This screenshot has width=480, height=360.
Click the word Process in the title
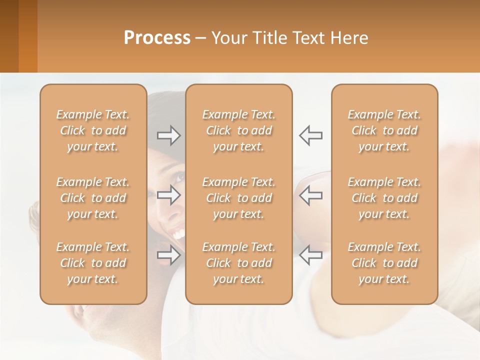pyautogui.click(x=157, y=38)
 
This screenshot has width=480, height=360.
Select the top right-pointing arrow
pyautogui.click(x=168, y=135)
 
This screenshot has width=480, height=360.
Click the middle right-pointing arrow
pyautogui.click(x=168, y=195)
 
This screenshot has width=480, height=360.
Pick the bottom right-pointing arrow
pyautogui.click(x=168, y=255)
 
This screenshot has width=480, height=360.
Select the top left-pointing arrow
pyautogui.click(x=310, y=135)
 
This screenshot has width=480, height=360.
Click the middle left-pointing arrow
pyautogui.click(x=310, y=195)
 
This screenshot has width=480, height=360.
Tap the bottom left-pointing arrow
pyautogui.click(x=310, y=255)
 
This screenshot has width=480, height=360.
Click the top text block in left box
pyautogui.click(x=93, y=130)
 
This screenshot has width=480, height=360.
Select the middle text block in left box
pyautogui.click(x=93, y=198)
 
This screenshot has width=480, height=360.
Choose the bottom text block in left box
pyautogui.click(x=93, y=263)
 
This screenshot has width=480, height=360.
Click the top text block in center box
pyautogui.click(x=238, y=130)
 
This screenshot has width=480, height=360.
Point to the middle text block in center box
pyautogui.click(x=238, y=198)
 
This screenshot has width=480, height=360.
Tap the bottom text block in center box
pyautogui.click(x=238, y=263)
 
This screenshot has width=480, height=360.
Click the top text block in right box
pyautogui.click(x=384, y=130)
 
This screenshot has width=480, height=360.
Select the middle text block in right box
pyautogui.click(x=384, y=198)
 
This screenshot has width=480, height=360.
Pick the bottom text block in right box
pyautogui.click(x=384, y=263)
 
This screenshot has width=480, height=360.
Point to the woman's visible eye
pyautogui.click(x=178, y=176)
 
